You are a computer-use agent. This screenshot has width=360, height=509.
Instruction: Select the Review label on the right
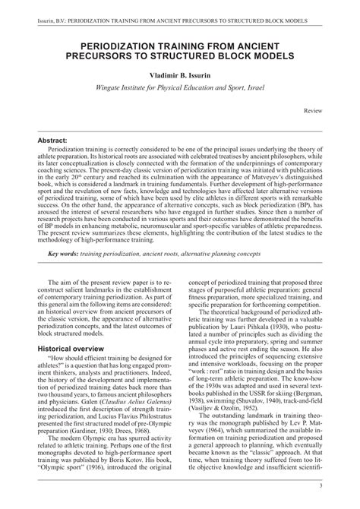point(312,111)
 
